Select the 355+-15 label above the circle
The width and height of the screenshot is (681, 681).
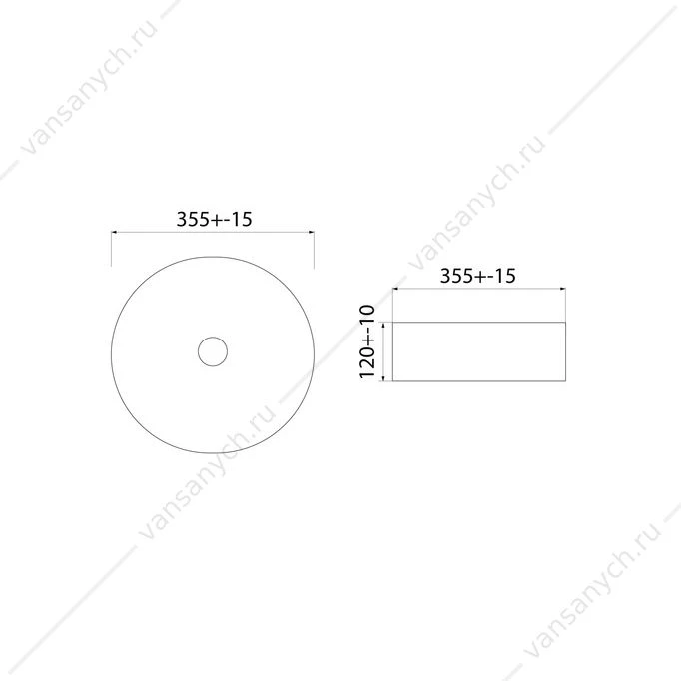[x=214, y=219]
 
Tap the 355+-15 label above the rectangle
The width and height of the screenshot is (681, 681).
[x=478, y=276]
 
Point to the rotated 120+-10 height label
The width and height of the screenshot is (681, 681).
[x=367, y=341]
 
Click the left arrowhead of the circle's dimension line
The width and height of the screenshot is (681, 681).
[x=114, y=232]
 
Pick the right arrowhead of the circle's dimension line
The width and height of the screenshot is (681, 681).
[x=311, y=232]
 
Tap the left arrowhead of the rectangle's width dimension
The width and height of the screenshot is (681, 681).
[x=395, y=288]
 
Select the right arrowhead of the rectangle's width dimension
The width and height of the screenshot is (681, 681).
[x=563, y=288]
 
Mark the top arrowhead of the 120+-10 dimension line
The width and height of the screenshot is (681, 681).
[x=383, y=325]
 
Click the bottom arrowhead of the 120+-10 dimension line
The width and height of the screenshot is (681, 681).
[x=383, y=378]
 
